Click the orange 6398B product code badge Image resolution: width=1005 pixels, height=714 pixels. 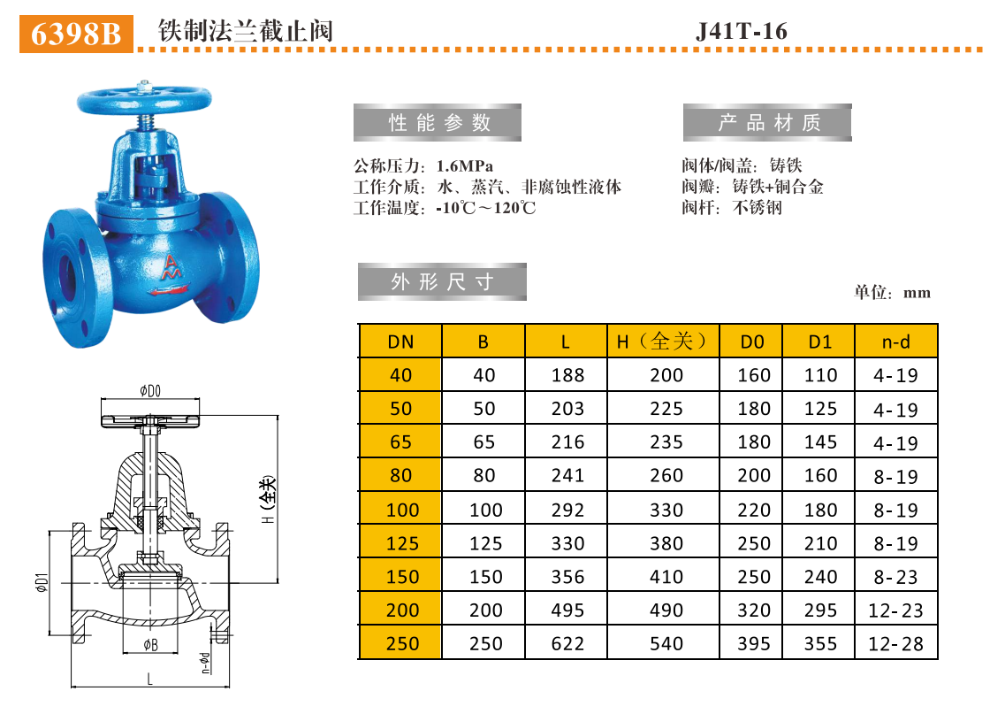click(x=76, y=33)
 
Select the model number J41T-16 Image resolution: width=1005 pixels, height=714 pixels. click(x=742, y=32)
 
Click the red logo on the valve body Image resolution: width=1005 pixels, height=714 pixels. click(x=171, y=270)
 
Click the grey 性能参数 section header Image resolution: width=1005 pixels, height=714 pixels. click(x=438, y=123)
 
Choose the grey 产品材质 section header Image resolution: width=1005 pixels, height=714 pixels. click(x=767, y=123)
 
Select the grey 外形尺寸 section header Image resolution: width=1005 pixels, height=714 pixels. click(x=441, y=282)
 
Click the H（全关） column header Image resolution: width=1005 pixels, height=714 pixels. click(x=663, y=342)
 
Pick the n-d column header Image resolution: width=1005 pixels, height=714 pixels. click(x=895, y=342)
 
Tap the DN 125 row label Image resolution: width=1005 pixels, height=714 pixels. click(x=400, y=543)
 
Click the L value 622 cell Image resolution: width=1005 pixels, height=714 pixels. click(x=567, y=644)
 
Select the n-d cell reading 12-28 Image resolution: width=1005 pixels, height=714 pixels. click(x=895, y=644)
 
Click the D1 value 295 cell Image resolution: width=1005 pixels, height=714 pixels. click(x=820, y=610)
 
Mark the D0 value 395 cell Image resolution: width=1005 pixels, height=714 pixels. click(x=753, y=644)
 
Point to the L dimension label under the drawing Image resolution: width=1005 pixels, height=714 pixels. click(x=150, y=679)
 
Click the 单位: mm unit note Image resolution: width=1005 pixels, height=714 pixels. click(x=892, y=293)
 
